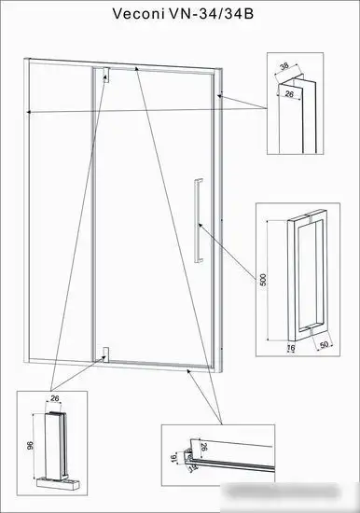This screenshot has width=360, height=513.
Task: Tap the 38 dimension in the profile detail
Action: pyautogui.click(x=283, y=69)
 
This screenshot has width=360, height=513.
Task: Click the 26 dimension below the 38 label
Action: pyautogui.click(x=290, y=94)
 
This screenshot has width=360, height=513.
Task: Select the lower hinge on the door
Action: pyautogui.click(x=105, y=354)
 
